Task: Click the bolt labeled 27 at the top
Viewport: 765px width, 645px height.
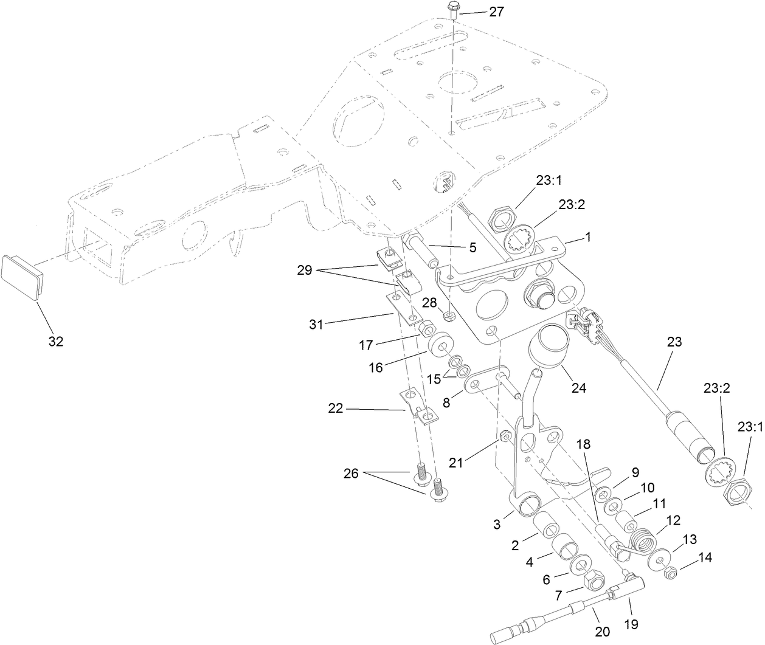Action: (x=454, y=9)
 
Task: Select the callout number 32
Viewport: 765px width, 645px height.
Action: (x=55, y=342)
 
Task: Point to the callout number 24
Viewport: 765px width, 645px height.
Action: (x=578, y=387)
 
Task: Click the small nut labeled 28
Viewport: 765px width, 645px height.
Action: (x=449, y=316)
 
